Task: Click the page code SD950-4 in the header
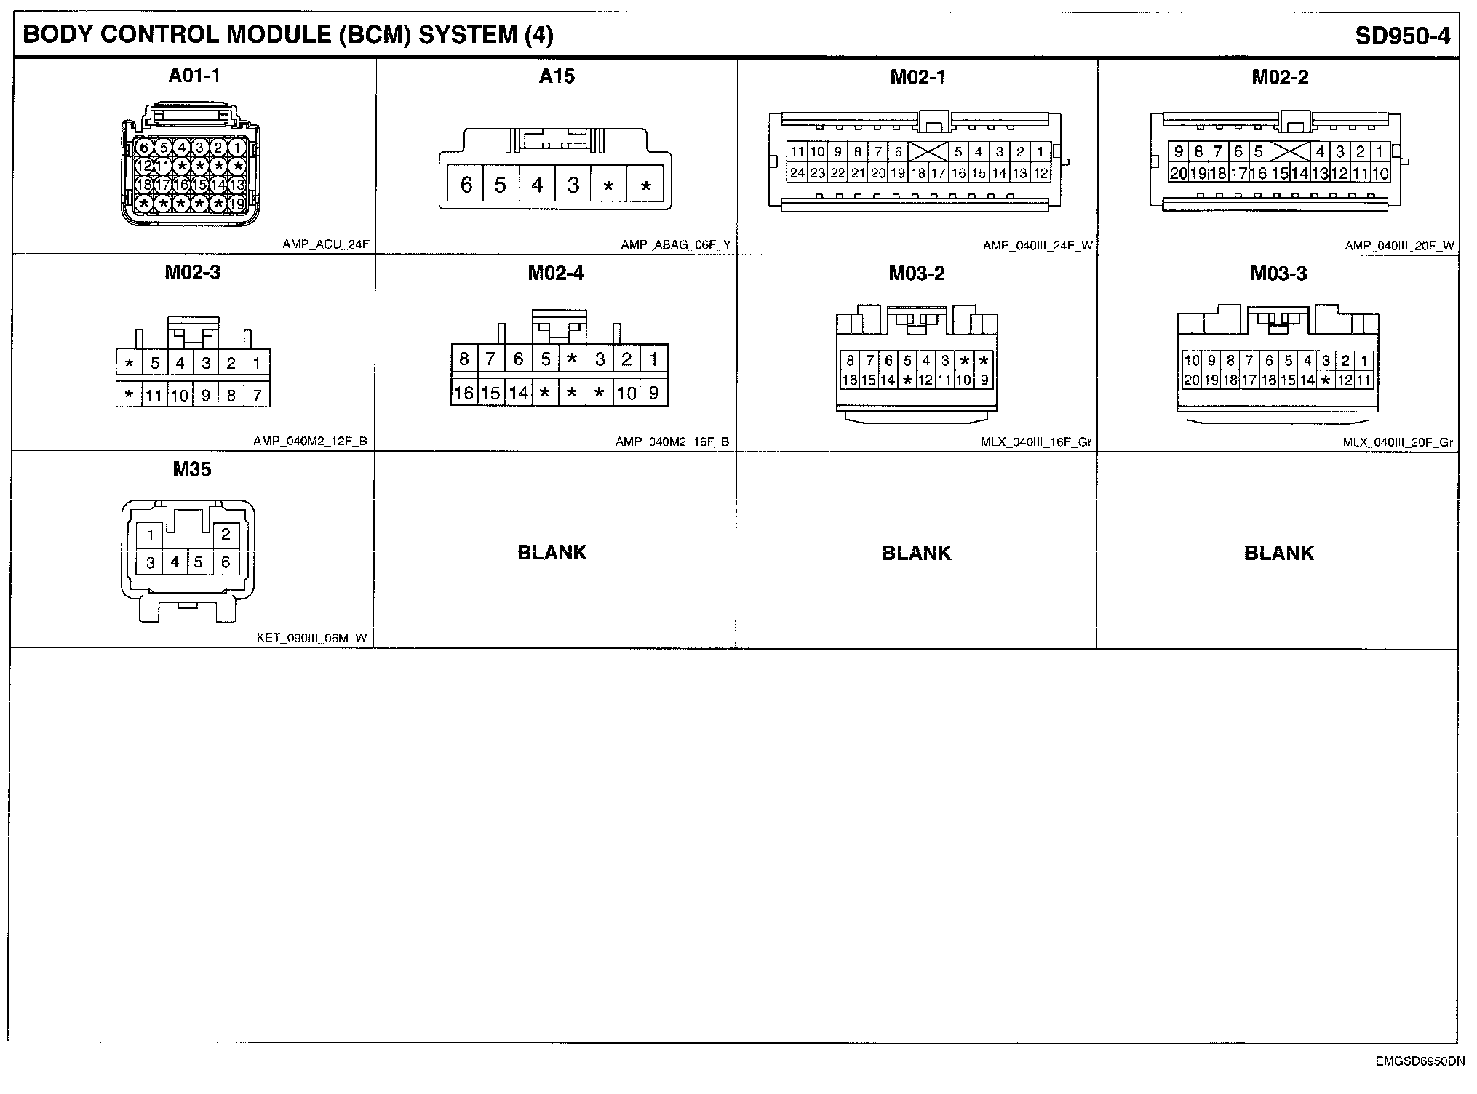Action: click(1402, 36)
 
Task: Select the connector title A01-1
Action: click(194, 76)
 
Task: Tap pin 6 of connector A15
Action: click(466, 185)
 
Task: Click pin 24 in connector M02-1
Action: click(797, 173)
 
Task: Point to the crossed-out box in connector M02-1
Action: click(928, 152)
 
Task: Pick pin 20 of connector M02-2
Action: click(1178, 173)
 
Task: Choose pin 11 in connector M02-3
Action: click(154, 396)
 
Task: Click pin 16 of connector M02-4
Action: click(463, 394)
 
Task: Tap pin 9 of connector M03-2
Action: click(984, 380)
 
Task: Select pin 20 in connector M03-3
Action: click(1191, 380)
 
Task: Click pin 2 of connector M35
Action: click(226, 535)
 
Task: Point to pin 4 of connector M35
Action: click(175, 562)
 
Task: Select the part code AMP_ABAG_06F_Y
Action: click(675, 245)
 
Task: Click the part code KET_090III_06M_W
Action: click(311, 639)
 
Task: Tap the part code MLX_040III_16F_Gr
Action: click(1035, 442)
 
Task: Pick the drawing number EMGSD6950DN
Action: click(1420, 1061)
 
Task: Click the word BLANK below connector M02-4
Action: click(552, 553)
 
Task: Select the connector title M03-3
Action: click(1278, 273)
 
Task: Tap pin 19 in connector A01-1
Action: click(237, 204)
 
